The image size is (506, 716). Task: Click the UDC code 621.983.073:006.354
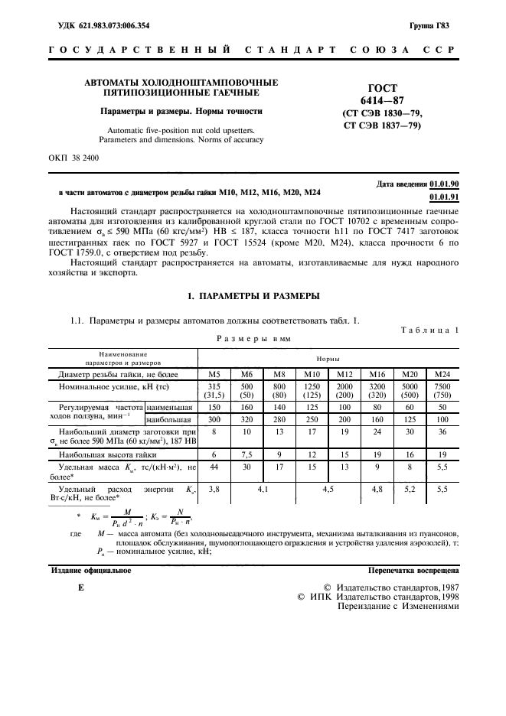coord(103,25)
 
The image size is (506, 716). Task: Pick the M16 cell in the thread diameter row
coord(377,373)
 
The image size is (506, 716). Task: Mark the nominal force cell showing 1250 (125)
coord(312,390)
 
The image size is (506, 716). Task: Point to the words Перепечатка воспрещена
coord(413,570)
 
